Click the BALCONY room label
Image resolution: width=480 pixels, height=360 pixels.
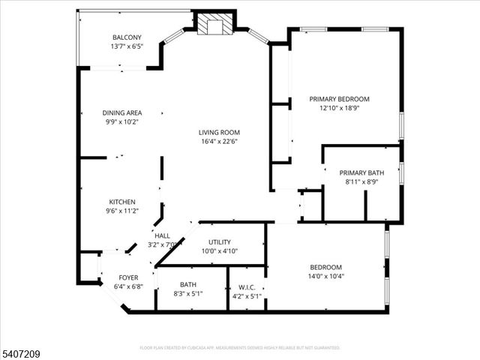[x=125, y=37]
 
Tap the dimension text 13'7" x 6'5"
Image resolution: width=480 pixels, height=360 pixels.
[x=125, y=46]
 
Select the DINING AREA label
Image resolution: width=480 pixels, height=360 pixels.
[x=122, y=112]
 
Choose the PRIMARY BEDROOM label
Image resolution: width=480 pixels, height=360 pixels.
[x=340, y=98]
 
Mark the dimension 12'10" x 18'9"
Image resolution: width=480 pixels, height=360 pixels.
[x=340, y=107]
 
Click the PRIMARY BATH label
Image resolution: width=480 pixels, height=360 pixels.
[x=361, y=172]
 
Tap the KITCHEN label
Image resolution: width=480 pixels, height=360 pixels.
[x=122, y=202]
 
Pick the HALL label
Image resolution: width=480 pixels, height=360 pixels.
[x=162, y=235]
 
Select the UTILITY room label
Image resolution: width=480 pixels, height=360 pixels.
[x=220, y=242]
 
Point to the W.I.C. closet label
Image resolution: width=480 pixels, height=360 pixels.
[x=247, y=286]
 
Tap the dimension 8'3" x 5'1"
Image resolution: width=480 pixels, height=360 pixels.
[x=187, y=295]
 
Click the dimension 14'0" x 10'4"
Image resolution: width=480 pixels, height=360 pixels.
[x=326, y=276]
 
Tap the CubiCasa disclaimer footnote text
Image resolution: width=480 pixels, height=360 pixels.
[x=240, y=348]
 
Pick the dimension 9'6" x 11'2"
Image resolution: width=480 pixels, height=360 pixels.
[x=122, y=211]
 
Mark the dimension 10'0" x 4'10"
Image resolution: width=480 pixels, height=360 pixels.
[x=220, y=251]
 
